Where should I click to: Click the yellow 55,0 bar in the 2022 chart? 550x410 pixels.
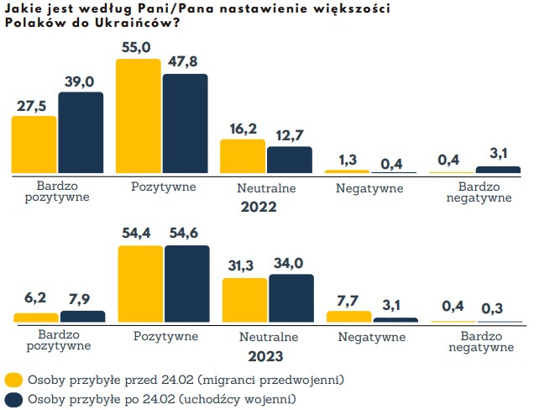(x=138, y=117)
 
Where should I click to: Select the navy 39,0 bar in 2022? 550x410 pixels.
(x=81, y=133)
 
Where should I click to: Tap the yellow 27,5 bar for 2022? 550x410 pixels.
(x=34, y=145)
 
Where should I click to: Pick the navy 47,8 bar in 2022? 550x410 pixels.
(x=185, y=124)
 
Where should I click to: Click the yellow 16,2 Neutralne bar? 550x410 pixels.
(x=243, y=157)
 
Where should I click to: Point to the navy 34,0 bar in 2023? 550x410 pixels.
(x=291, y=298)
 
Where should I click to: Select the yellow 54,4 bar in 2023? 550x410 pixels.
(x=140, y=284)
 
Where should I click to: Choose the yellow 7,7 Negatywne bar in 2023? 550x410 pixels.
(x=348, y=317)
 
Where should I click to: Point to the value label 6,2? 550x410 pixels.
(x=35, y=299)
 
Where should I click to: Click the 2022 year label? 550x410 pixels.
(x=258, y=206)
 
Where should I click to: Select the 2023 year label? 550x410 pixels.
(x=258, y=355)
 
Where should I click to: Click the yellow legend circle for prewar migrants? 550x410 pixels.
(x=13, y=379)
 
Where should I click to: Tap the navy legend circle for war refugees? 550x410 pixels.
(x=13, y=398)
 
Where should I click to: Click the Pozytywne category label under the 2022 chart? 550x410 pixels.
(x=165, y=187)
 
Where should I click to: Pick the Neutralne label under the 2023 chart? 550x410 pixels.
(x=267, y=337)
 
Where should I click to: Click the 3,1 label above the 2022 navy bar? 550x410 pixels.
(x=500, y=152)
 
